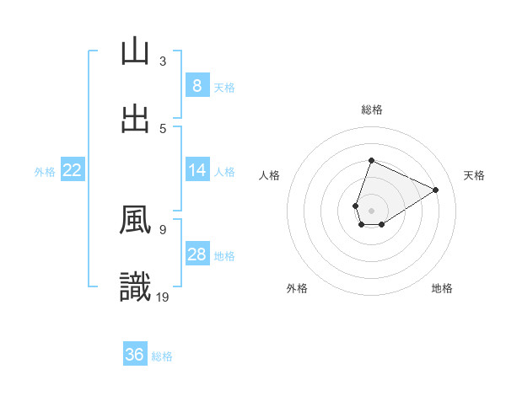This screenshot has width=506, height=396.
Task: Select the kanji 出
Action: pyautogui.click(x=135, y=118)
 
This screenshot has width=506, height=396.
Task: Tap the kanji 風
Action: pyautogui.click(x=135, y=221)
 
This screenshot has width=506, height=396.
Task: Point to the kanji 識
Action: pyautogui.click(x=135, y=287)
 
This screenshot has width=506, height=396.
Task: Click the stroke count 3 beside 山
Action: pyautogui.click(x=163, y=61)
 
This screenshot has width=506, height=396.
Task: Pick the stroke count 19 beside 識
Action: pyautogui.click(x=163, y=297)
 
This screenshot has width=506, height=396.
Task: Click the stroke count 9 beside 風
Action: pyautogui.click(x=163, y=229)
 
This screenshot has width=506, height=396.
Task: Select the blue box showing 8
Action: pyautogui.click(x=196, y=85)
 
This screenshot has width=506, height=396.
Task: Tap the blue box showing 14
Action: pyautogui.click(x=196, y=170)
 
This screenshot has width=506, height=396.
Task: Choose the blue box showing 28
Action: pyautogui.click(x=196, y=254)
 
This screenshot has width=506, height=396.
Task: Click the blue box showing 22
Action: pyautogui.click(x=72, y=170)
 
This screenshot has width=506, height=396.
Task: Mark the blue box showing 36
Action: pyautogui.click(x=134, y=355)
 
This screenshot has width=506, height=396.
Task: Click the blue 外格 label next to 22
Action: pyautogui.click(x=45, y=171)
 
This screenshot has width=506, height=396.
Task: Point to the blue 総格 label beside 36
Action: pyautogui.click(x=162, y=356)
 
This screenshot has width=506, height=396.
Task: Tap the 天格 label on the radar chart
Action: pyautogui.click(x=474, y=175)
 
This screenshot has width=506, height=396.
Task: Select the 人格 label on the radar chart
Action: pyautogui.click(x=270, y=175)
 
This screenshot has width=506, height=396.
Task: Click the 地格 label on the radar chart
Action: pyautogui.click(x=442, y=288)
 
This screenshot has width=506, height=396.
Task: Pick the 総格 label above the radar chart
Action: pyautogui.click(x=372, y=110)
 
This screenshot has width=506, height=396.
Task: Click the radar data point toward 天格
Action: pyautogui.click(x=436, y=190)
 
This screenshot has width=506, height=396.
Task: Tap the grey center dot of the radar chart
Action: pyautogui.click(x=372, y=211)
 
